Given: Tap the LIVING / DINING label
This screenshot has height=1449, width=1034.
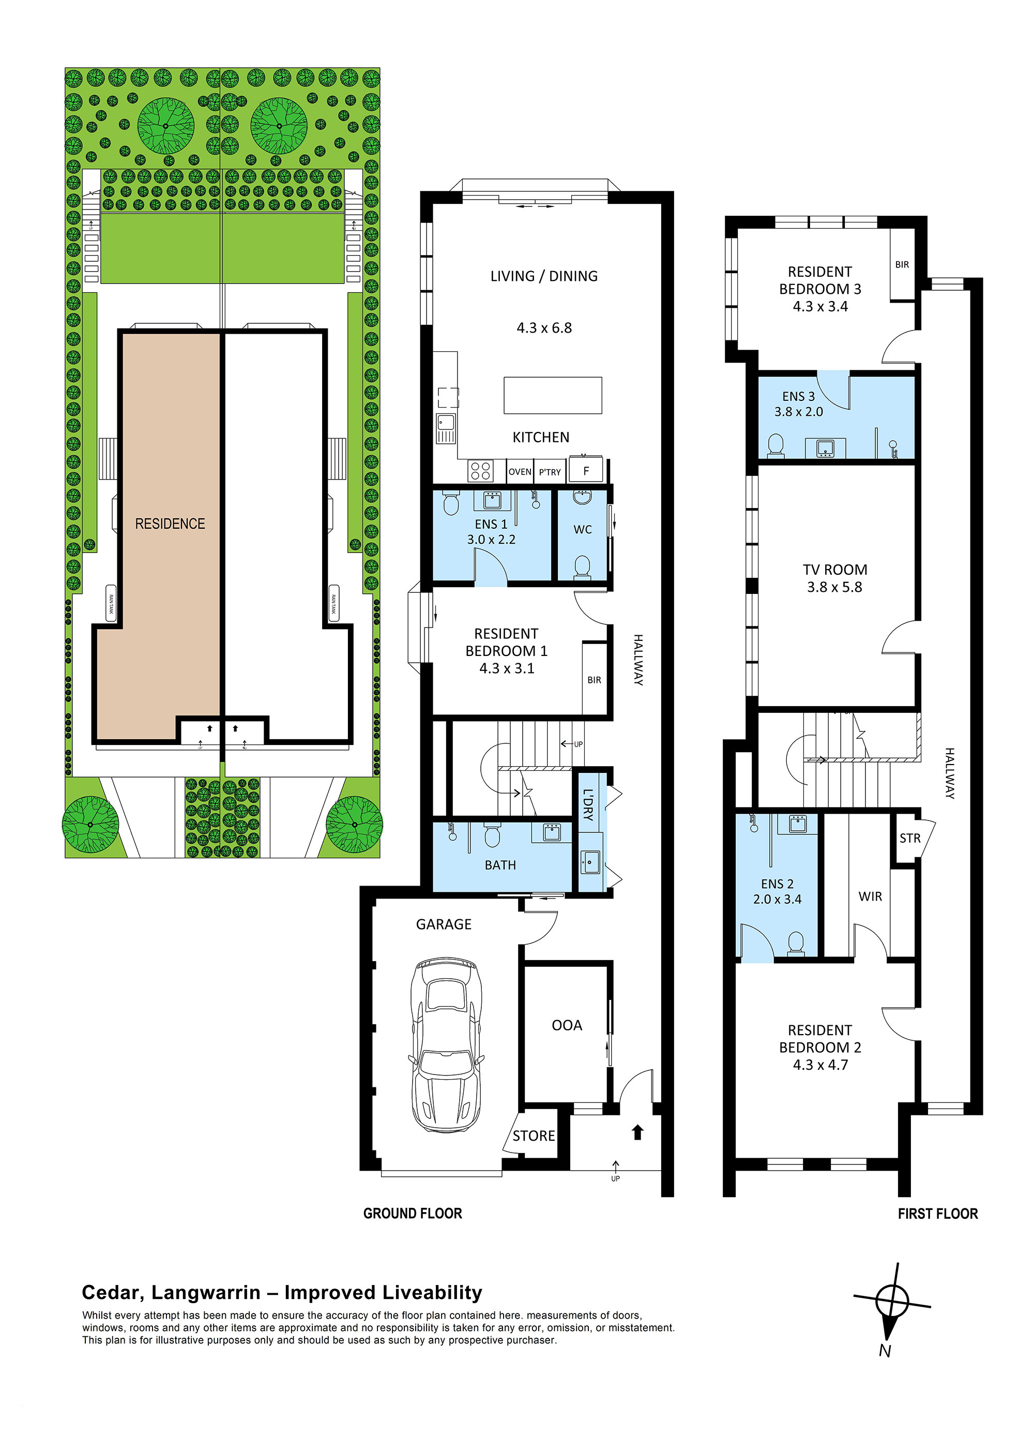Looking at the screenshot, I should pos(544,276).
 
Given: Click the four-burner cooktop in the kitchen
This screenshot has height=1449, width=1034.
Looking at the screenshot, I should pos(481,471).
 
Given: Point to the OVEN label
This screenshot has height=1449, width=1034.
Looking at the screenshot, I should pos(520,472).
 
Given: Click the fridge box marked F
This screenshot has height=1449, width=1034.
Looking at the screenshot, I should pos(586,471).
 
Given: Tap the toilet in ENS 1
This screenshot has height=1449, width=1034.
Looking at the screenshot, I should pos(451,503).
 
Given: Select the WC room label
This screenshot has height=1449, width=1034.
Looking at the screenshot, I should pos(583,529).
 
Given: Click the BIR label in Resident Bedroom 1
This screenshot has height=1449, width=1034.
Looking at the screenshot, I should pos(594,680).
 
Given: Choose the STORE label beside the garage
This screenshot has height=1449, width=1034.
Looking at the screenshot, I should pos(534,1136).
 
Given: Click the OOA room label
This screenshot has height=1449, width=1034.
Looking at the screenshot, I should pos(567,1025).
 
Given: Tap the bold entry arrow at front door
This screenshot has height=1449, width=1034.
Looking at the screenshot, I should pos(637,1132).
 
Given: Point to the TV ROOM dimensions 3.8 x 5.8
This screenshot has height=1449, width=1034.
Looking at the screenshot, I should pos(834,587).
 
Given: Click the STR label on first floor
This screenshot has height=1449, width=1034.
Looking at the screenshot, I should pos(910,838).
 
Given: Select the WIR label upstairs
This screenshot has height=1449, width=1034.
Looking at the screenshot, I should pos(870,896).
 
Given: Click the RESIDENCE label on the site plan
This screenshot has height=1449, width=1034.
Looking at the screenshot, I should pos(170,524).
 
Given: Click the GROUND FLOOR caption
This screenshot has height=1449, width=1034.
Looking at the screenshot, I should pos(413,1213).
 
